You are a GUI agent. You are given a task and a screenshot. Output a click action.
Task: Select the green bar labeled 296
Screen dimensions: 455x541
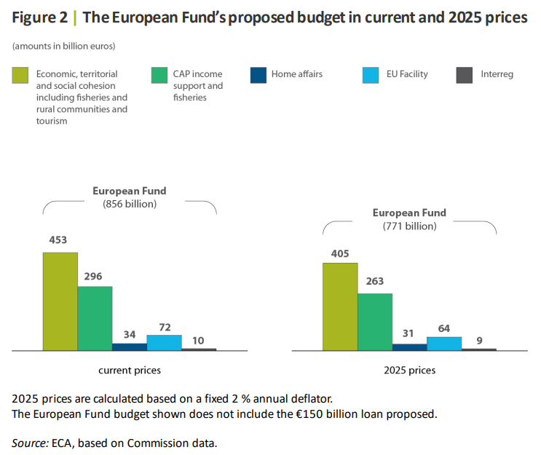pos(95,318)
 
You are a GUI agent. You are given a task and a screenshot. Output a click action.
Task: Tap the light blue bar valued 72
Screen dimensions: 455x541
pos(164,342)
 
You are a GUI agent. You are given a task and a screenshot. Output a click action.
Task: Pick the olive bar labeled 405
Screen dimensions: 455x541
pos(340,306)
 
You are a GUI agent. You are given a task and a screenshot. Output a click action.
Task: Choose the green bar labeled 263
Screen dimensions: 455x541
pos(374,321)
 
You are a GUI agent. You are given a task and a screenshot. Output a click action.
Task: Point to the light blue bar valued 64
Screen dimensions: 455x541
pos(443,343)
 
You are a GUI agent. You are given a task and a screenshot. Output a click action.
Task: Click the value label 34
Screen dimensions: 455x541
pos(130,334)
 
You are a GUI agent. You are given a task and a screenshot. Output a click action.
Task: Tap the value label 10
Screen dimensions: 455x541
pos(199,339)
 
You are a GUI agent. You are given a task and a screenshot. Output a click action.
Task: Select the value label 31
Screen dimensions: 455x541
pos(409,334)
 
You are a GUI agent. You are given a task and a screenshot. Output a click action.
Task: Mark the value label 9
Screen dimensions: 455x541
pos(479,339)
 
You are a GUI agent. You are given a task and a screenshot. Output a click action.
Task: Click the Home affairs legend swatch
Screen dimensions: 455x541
pos(258,74)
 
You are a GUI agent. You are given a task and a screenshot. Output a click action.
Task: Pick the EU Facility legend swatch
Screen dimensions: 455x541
pos(371,74)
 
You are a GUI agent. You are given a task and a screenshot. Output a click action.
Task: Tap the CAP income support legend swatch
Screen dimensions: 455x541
pos(159,74)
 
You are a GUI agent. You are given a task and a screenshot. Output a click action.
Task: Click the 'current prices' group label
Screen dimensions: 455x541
pos(130,371)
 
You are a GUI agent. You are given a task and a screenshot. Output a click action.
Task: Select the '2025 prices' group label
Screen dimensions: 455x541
pos(409,371)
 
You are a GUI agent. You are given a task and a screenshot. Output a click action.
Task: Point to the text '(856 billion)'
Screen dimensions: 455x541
pos(130,204)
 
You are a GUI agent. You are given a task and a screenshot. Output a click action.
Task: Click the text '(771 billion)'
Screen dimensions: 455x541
pos(409,226)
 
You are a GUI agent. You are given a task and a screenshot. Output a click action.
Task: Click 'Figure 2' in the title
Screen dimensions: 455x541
pos(40,17)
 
